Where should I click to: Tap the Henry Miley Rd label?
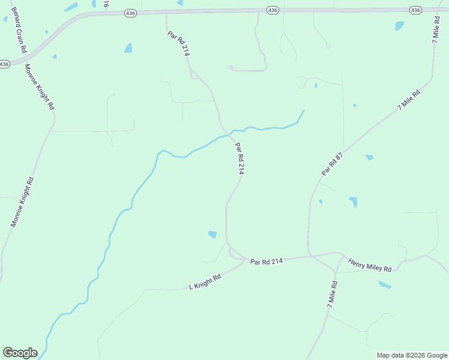tap(370, 264)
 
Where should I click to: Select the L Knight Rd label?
tap(205, 281)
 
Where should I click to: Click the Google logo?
tap(20, 353)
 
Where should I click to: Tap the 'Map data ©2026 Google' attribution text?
tap(412, 355)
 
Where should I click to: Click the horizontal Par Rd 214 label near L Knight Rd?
tap(267, 262)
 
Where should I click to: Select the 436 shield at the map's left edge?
tap(5, 64)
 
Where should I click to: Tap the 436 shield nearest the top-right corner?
tap(415, 10)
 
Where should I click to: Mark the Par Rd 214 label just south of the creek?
tap(240, 158)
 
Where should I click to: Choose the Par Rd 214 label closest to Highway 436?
tap(179, 43)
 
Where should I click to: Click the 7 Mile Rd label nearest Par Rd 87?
tap(408, 99)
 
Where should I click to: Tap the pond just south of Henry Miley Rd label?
tap(385, 284)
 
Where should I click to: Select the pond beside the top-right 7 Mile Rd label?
tap(399, 26)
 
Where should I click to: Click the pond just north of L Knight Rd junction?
tap(212, 234)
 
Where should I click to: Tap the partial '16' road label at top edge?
tap(106, 4)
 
